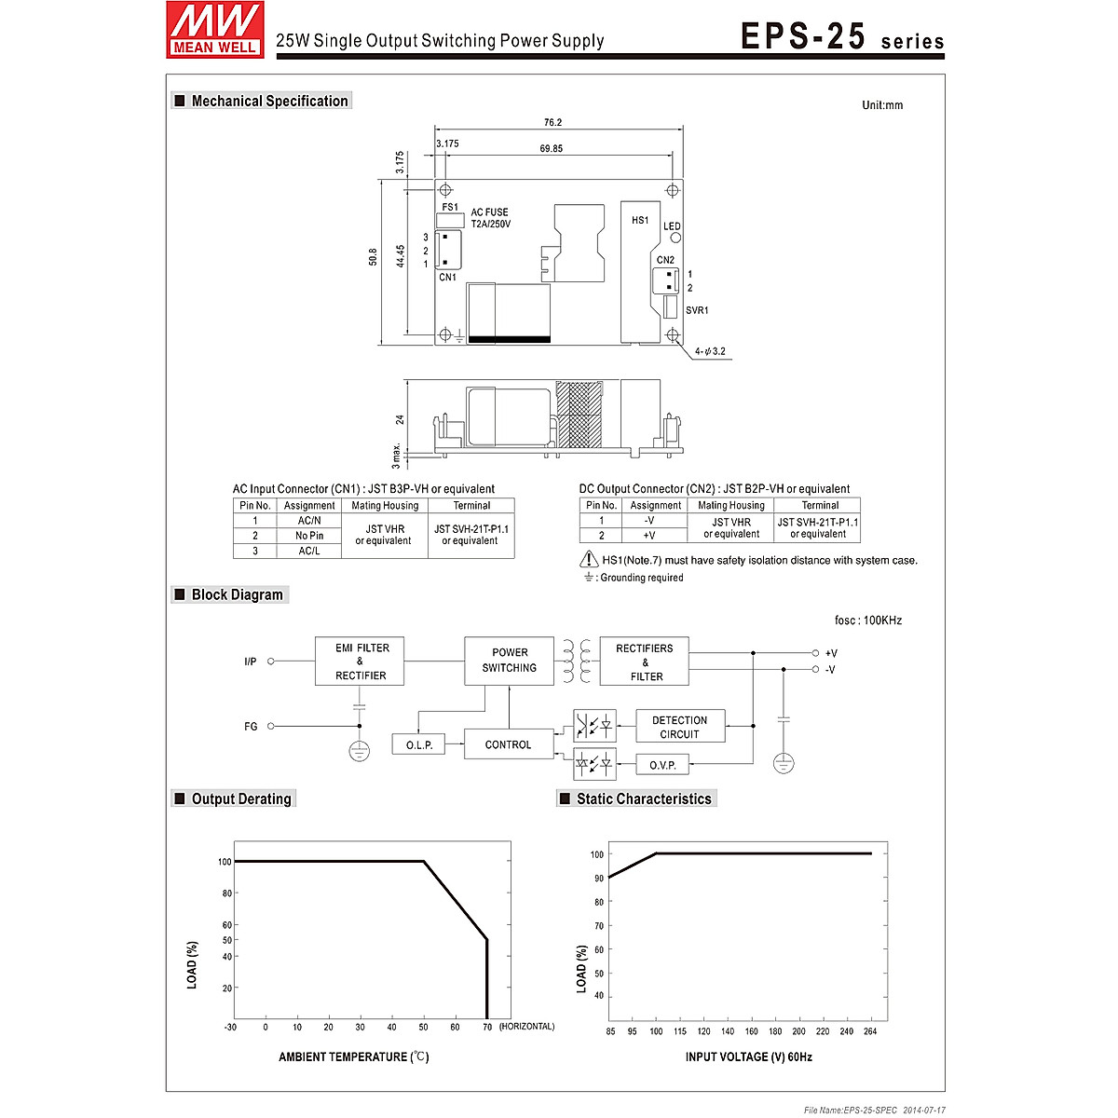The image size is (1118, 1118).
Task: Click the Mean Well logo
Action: [215, 30]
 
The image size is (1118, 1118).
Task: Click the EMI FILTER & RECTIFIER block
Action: [360, 661]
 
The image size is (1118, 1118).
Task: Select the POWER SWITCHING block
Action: [509, 661]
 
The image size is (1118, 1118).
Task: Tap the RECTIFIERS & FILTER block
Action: [645, 662]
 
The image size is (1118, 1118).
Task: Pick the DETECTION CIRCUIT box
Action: [680, 728]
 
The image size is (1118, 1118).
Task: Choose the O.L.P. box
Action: [419, 745]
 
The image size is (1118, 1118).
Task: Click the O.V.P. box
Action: [662, 766]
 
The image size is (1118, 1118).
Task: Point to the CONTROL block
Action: [508, 745]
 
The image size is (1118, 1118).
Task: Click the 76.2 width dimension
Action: [552, 123]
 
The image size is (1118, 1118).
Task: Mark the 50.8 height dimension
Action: [374, 257]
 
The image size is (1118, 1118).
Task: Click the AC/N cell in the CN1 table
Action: [309, 521]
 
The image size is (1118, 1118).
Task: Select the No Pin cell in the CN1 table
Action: [309, 536]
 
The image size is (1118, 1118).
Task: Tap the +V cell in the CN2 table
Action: [649, 536]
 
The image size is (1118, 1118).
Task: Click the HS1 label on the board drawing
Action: [640, 221]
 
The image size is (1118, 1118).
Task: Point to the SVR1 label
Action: [697, 310]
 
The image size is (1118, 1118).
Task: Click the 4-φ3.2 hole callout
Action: [709, 352]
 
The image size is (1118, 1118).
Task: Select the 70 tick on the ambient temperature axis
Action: [487, 1028]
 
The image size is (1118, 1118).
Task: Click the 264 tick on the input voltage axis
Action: [871, 1031]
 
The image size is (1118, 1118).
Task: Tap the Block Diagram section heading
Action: [237, 595]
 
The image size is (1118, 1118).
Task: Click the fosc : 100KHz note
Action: [867, 620]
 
